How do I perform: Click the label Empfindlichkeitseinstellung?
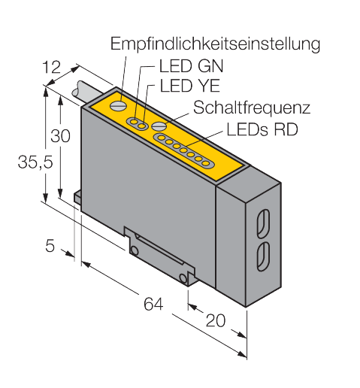(215, 44)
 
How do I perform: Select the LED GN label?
(191, 66)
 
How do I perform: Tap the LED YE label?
(190, 86)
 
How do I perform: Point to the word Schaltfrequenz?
(252, 108)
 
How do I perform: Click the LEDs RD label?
(262, 129)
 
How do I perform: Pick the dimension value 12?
(51, 67)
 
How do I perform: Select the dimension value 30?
(60, 136)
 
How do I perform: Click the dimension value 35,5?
(35, 162)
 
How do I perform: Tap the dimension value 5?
(50, 246)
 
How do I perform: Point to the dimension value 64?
(153, 304)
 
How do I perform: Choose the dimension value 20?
(216, 320)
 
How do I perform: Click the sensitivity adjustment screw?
(118, 105)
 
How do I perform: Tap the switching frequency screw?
(159, 126)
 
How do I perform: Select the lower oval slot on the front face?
(263, 256)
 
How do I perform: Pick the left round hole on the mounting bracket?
(135, 250)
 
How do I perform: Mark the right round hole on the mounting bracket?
(183, 278)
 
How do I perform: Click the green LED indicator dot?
(135, 122)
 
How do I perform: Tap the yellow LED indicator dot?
(142, 126)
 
